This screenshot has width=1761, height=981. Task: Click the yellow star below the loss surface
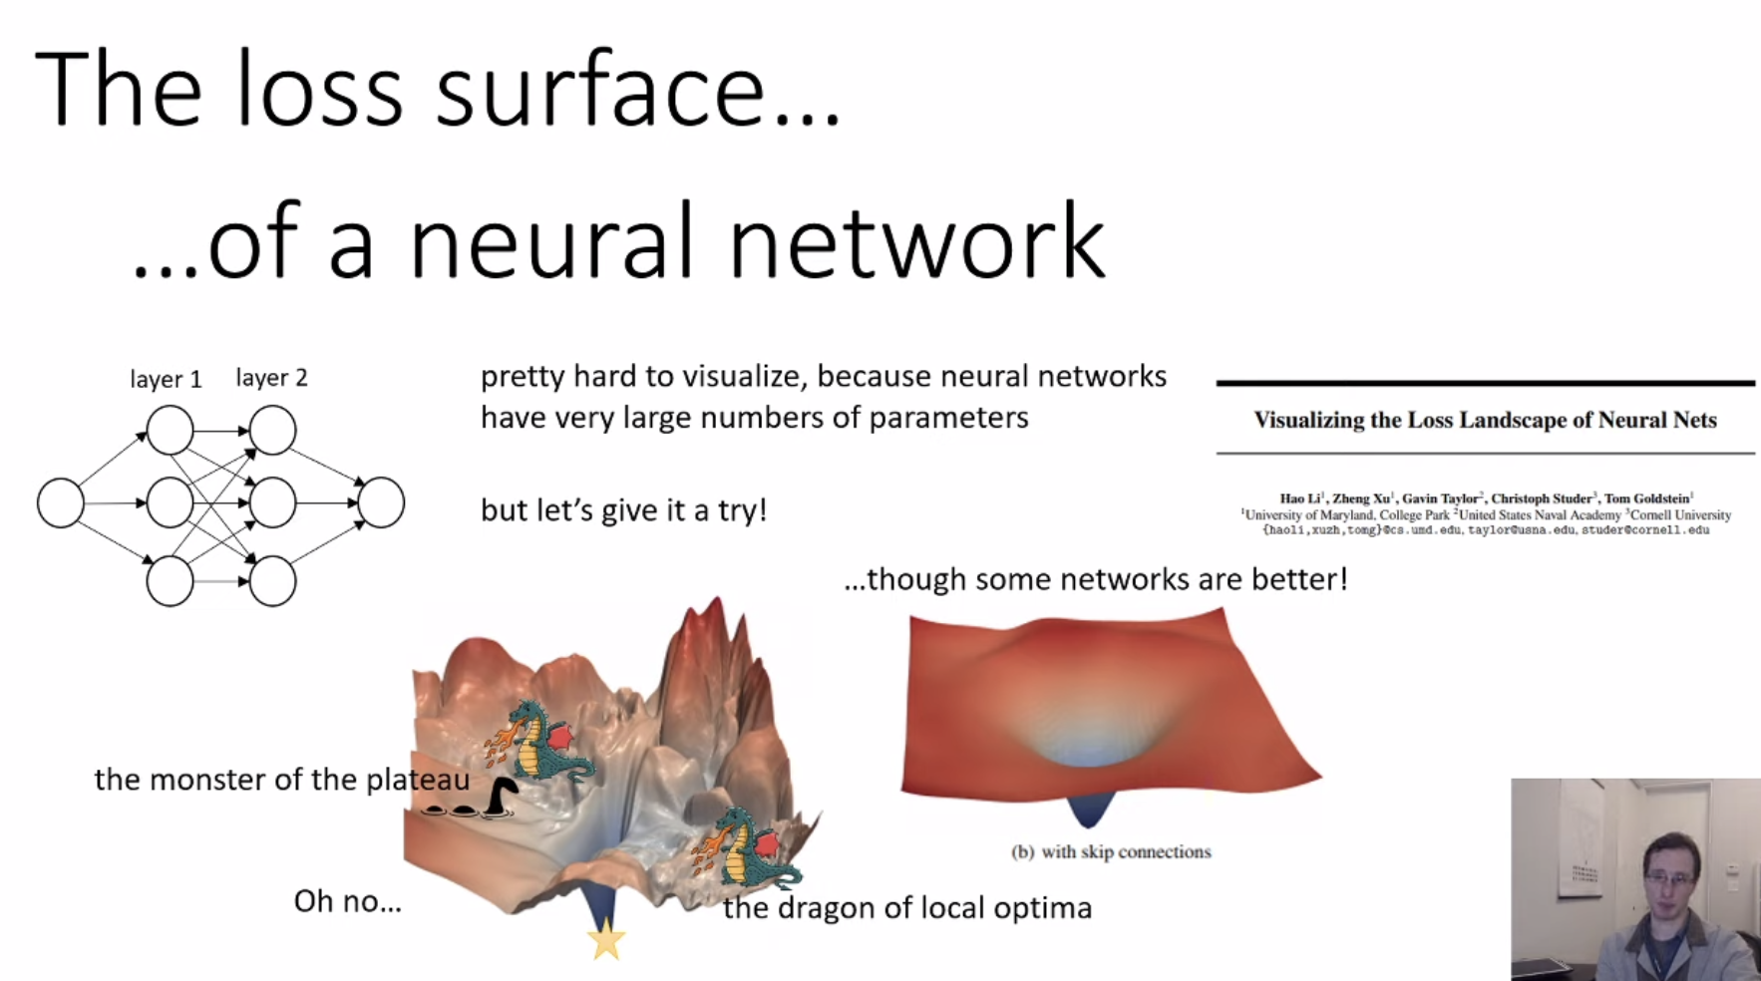point(606,939)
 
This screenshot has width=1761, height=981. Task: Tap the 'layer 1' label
point(166,380)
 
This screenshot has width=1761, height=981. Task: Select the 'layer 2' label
point(271,378)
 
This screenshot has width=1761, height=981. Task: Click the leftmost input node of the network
point(61,503)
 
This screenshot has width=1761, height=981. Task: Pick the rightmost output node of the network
point(381,502)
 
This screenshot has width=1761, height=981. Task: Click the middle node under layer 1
point(171,502)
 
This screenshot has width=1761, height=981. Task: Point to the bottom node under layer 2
point(272,581)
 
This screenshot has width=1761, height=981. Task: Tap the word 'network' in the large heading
point(916,242)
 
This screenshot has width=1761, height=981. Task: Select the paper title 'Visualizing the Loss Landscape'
point(1484,420)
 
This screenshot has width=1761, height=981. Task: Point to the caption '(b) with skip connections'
point(1111,851)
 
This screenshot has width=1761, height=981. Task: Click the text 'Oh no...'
point(347,901)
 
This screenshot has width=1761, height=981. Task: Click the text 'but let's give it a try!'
point(623,510)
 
